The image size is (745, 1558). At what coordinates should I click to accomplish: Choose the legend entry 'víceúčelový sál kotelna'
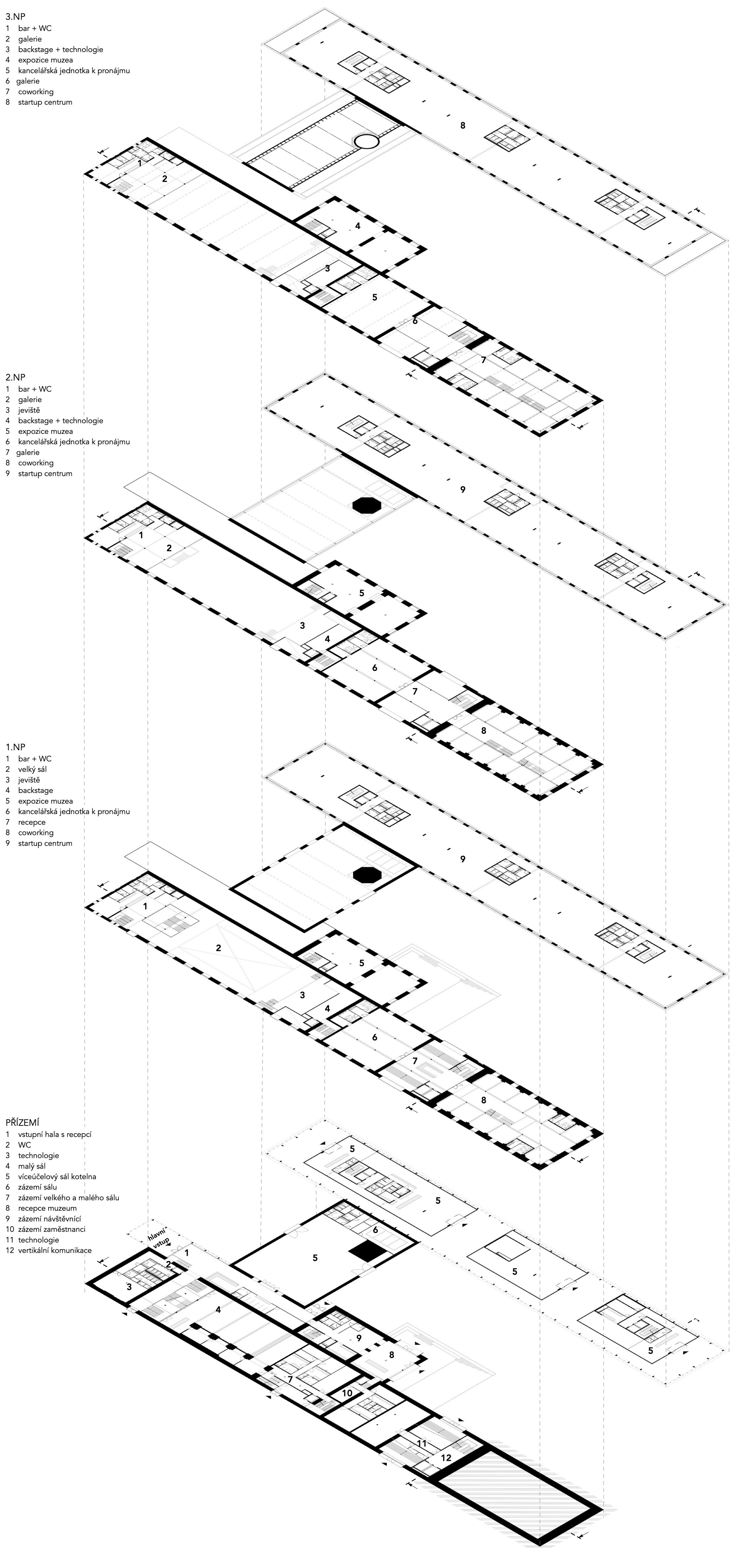57,1176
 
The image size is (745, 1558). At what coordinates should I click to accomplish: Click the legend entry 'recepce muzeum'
47,1208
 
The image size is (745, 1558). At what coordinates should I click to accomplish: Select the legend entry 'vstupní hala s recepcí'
55,1134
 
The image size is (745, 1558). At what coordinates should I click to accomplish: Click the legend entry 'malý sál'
32,1166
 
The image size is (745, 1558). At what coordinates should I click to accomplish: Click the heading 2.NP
15,377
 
